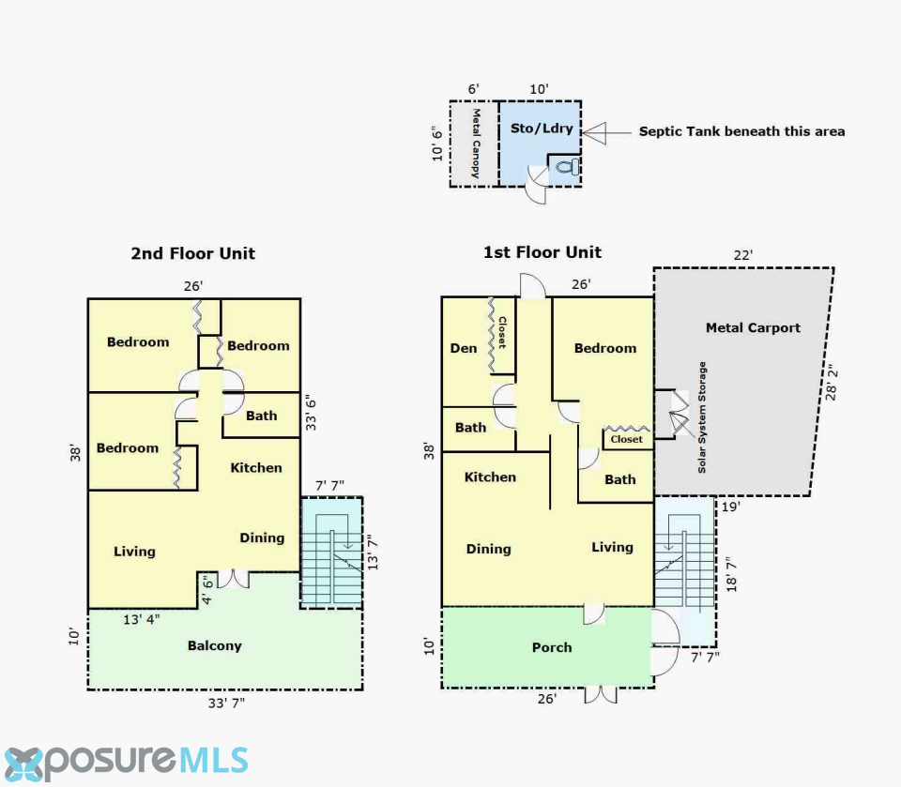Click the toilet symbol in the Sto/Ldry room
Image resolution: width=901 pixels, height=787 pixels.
(567, 168)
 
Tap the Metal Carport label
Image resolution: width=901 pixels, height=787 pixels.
(753, 328)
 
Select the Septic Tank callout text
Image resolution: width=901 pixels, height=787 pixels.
(741, 131)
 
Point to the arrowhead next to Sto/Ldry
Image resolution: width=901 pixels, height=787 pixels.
(594, 132)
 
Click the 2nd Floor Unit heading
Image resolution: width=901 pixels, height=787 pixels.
(193, 253)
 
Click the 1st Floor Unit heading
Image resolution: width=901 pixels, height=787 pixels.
(542, 252)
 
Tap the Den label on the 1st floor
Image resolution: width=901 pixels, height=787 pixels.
(463, 348)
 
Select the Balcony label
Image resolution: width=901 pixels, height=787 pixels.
(214, 645)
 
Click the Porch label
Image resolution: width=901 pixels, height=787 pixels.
(552, 647)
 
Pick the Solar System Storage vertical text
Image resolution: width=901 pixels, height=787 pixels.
(702, 417)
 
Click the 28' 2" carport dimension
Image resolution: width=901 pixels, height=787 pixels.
(831, 382)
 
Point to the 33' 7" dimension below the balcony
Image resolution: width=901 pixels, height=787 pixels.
(226, 704)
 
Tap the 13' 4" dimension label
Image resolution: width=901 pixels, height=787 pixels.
(142, 619)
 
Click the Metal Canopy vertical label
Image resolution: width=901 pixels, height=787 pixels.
(476, 143)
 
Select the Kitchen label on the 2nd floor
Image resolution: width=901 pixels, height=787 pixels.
(256, 468)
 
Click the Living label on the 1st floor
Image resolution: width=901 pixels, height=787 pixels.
(613, 548)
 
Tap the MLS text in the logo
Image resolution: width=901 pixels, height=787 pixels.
(214, 761)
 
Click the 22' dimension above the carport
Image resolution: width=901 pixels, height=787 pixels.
(743, 255)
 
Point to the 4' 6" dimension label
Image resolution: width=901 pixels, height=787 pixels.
(207, 591)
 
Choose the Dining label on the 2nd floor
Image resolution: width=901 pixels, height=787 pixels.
(262, 538)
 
